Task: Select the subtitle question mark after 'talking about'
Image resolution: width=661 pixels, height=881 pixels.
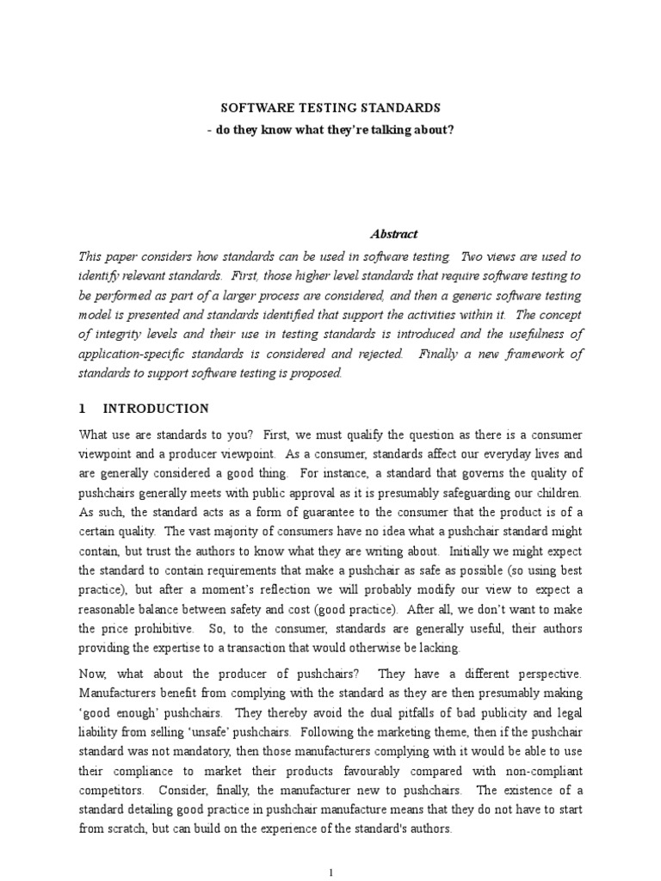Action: pyautogui.click(x=450, y=129)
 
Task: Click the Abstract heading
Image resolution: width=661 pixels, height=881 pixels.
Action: pyautogui.click(x=393, y=233)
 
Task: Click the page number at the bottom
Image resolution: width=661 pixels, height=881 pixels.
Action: pyautogui.click(x=330, y=872)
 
